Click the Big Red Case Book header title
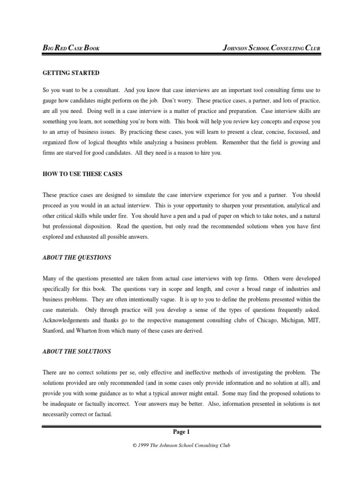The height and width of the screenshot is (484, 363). pos(71,48)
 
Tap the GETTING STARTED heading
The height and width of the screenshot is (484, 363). pos(71,73)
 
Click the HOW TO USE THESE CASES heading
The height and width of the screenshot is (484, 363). pos(82,174)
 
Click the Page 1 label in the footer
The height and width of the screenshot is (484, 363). pos(181,432)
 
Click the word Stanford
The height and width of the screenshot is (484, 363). pos(54,331)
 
